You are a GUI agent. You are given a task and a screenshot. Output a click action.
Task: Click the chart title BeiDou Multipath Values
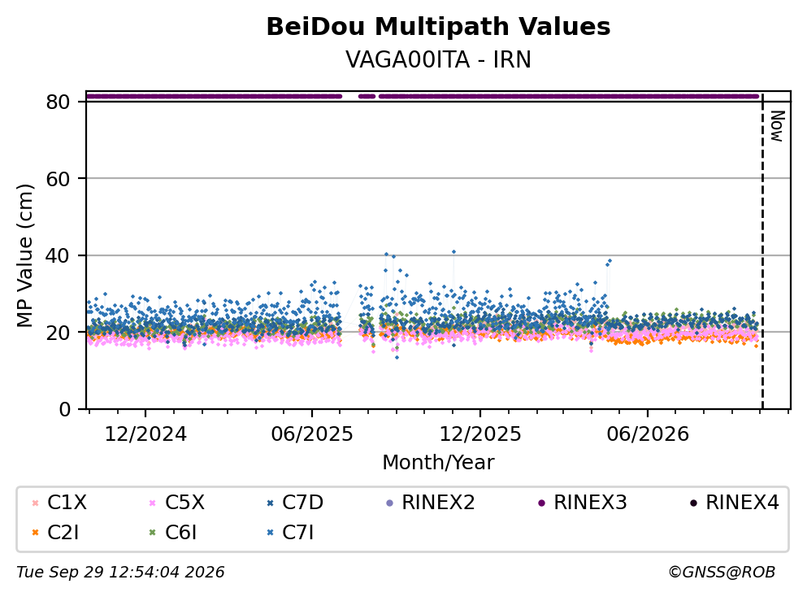[x=438, y=27]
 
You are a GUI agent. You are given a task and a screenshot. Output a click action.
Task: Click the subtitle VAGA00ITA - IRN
[x=438, y=59]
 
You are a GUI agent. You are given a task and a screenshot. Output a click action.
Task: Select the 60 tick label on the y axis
[x=58, y=179]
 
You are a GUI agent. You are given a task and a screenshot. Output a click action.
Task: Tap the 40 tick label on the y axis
[x=58, y=255]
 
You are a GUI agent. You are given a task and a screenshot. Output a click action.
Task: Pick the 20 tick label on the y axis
[x=58, y=332]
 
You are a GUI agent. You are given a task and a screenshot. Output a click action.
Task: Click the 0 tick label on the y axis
[x=64, y=409]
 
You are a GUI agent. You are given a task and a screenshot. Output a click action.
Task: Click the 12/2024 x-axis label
[x=145, y=434]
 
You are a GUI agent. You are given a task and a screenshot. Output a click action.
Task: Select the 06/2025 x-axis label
[x=312, y=434]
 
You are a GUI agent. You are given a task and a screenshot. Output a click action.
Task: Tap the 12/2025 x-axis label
[x=480, y=434]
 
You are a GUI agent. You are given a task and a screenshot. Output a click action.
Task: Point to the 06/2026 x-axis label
[x=648, y=434]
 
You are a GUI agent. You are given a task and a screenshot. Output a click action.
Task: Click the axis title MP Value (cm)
[x=24, y=255]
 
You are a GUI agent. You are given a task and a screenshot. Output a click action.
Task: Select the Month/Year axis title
[x=438, y=463]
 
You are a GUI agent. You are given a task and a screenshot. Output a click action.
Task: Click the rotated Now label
[x=777, y=126]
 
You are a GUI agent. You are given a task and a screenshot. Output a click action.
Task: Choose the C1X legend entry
[x=59, y=502]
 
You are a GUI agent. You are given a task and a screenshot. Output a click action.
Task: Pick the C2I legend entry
[x=55, y=533]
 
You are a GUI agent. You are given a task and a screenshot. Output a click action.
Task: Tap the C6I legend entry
[x=173, y=533]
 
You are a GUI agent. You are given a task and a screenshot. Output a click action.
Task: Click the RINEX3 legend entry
[x=583, y=502]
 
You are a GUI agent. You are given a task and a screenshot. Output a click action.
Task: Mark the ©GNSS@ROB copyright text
[x=722, y=572]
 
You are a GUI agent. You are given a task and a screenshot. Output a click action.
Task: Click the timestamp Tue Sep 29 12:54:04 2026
[x=120, y=572]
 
